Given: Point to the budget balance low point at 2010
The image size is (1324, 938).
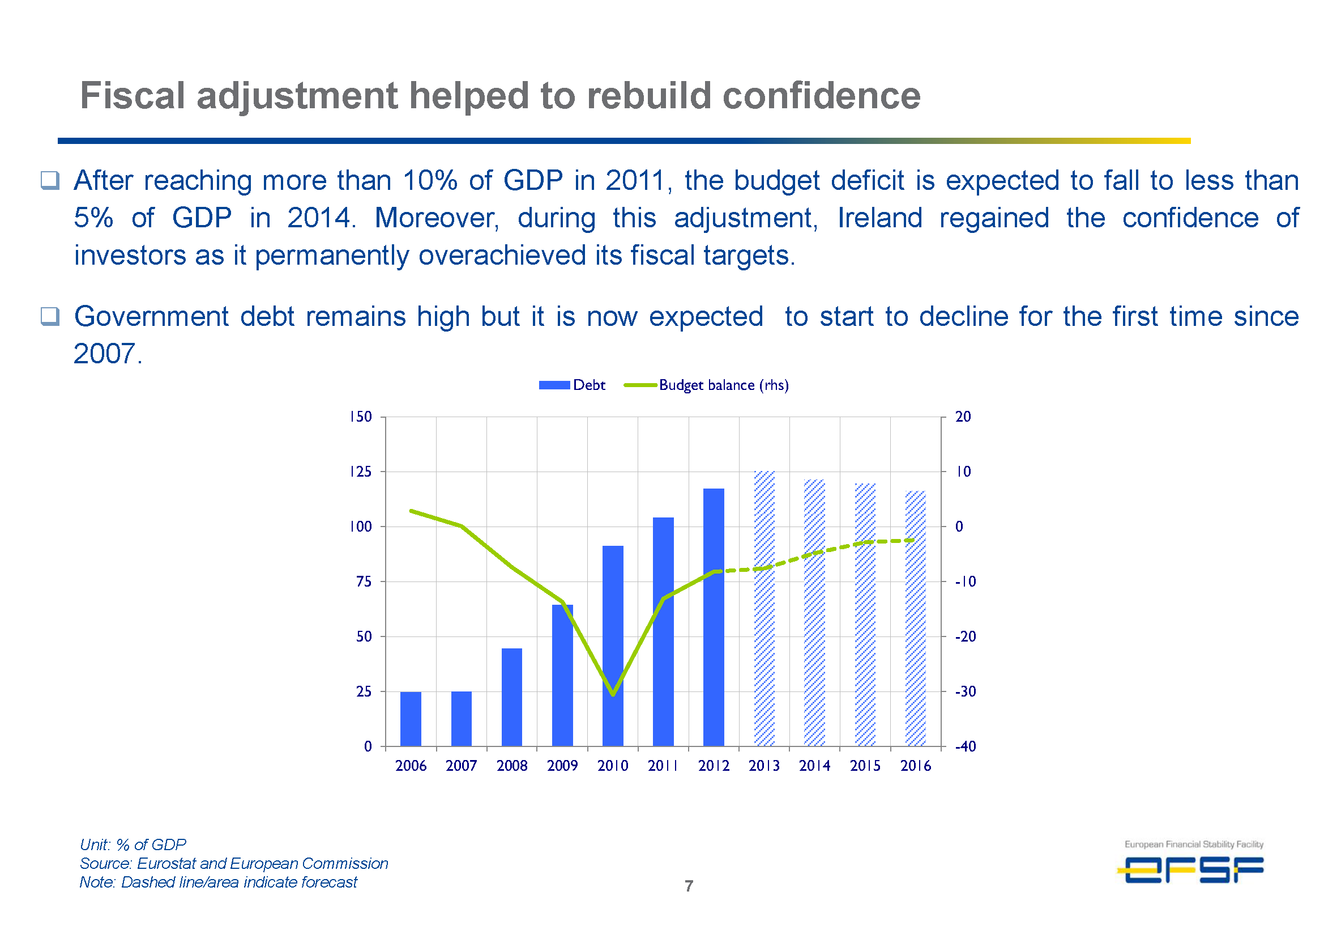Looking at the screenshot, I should click(613, 694).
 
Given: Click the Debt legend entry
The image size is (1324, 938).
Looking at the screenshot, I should click(572, 385).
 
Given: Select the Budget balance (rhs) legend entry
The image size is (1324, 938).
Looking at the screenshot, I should click(706, 385).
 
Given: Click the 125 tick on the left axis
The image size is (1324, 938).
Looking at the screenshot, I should click(361, 472).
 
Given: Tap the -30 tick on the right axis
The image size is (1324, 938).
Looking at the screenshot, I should click(965, 691).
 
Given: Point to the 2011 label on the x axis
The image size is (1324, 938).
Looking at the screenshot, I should click(663, 766).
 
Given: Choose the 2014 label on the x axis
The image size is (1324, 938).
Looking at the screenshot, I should click(814, 766).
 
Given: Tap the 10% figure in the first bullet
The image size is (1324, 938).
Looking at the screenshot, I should click(429, 181).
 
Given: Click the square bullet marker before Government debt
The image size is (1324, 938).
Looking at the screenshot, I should click(50, 316).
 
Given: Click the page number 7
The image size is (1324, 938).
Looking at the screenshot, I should click(689, 885).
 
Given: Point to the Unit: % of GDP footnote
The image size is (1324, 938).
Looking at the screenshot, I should click(133, 844).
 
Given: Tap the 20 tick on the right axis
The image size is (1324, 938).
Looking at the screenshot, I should click(963, 417).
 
